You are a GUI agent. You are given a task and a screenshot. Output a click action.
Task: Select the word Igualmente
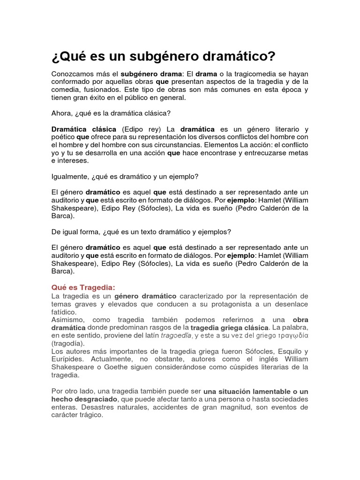point(69,176)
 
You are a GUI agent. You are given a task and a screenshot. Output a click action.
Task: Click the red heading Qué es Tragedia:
point(83,287)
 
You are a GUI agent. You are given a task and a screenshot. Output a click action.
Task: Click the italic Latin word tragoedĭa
point(176,336)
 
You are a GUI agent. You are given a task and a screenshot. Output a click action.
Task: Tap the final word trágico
point(92,415)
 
